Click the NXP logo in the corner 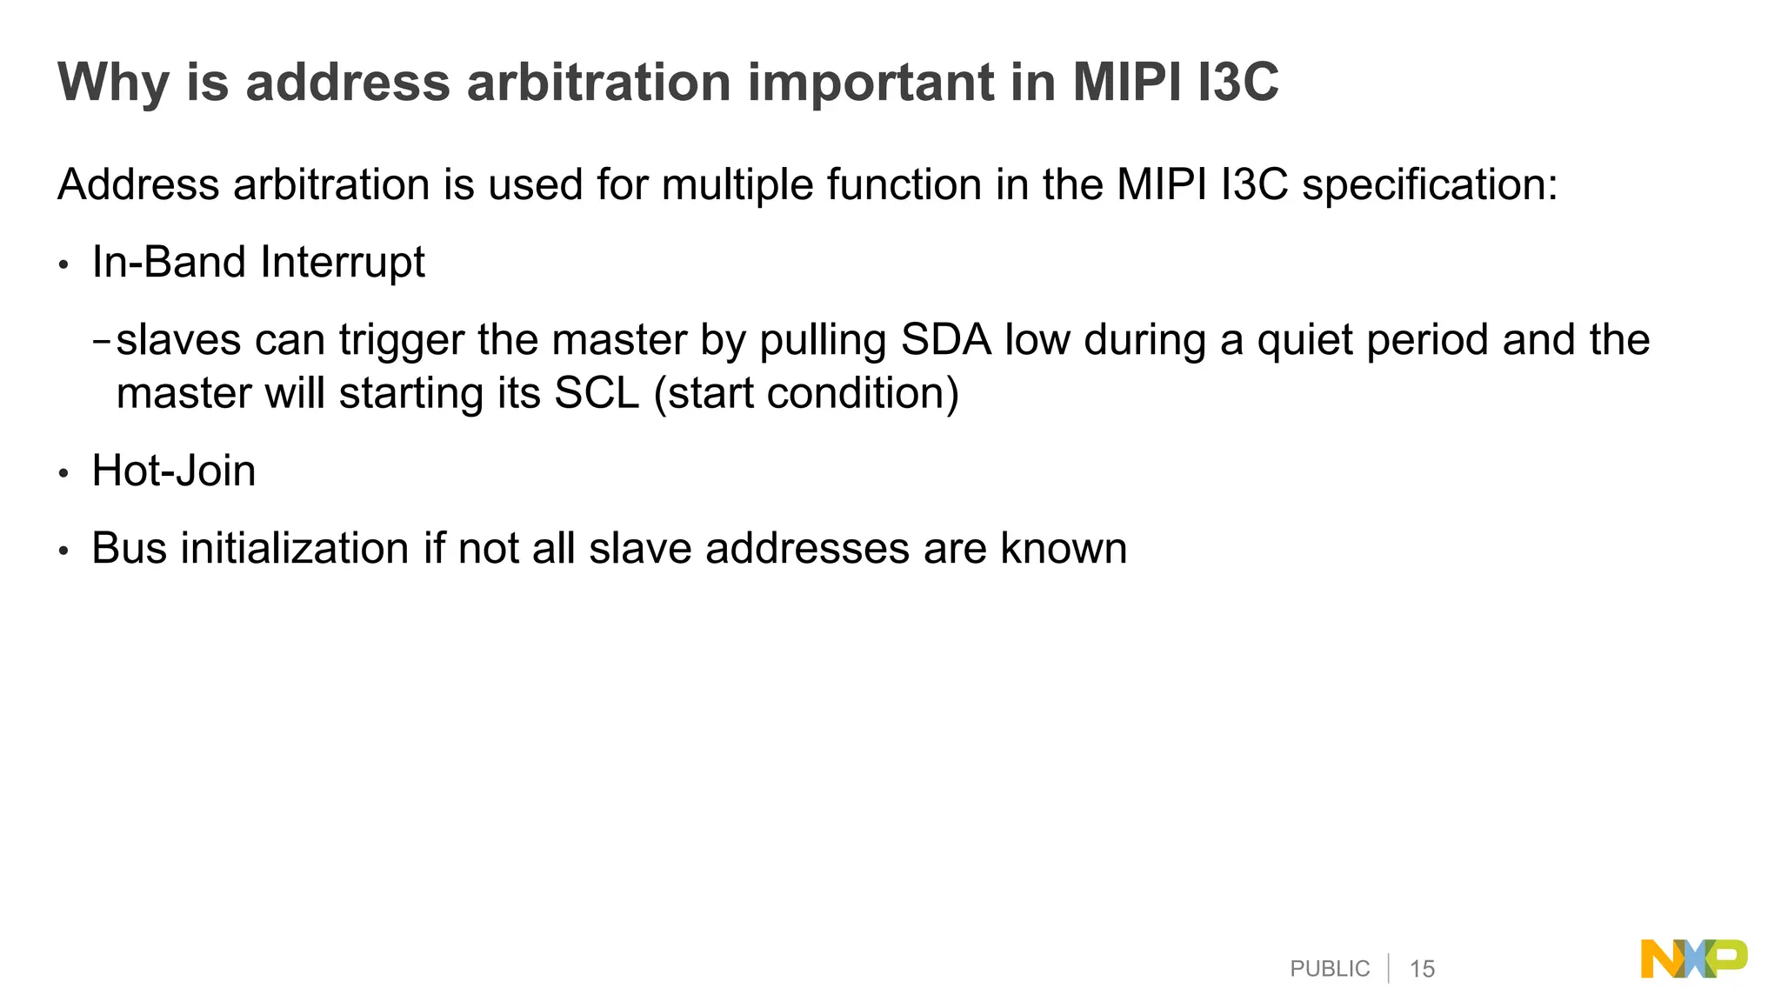click(x=1693, y=959)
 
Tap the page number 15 click(x=1422, y=969)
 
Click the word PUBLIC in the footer click(x=1330, y=969)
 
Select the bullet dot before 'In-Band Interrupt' click(x=63, y=265)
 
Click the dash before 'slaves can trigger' click(x=102, y=341)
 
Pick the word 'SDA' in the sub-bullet click(x=945, y=340)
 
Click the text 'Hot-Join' click(x=174, y=471)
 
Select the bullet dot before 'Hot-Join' click(x=63, y=474)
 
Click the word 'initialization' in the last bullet click(x=294, y=549)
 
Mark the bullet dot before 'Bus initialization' click(x=63, y=551)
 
